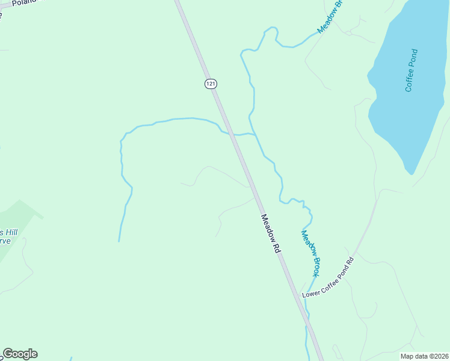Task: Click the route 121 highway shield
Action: (x=210, y=84)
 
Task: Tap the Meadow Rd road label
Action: (x=271, y=233)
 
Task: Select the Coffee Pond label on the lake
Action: (x=411, y=70)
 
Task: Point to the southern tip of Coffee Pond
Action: (x=411, y=173)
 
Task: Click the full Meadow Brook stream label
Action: (x=310, y=253)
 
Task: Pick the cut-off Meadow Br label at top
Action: (x=330, y=17)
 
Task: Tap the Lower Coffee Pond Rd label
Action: (x=328, y=277)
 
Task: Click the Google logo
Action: (x=20, y=354)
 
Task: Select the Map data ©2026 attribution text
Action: (x=424, y=356)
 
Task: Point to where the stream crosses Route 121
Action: (x=229, y=132)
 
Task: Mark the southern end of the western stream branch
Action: (x=119, y=241)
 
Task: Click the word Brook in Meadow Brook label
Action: (x=314, y=264)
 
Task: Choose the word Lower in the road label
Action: (x=310, y=292)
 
